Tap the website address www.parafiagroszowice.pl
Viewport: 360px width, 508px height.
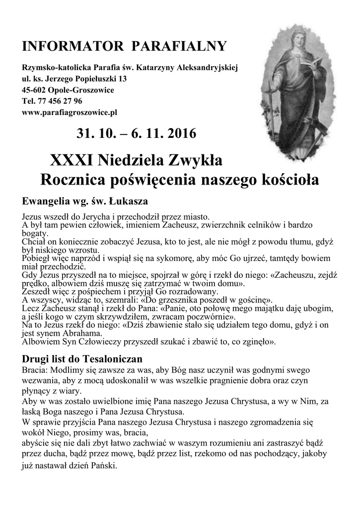click(70, 112)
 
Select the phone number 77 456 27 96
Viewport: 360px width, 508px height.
click(58, 101)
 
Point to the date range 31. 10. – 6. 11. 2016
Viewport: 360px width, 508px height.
click(136, 134)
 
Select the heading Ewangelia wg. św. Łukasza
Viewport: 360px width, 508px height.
click(85, 201)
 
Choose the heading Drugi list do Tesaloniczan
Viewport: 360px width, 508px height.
click(82, 358)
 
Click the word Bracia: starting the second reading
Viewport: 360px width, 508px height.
click(36, 370)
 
